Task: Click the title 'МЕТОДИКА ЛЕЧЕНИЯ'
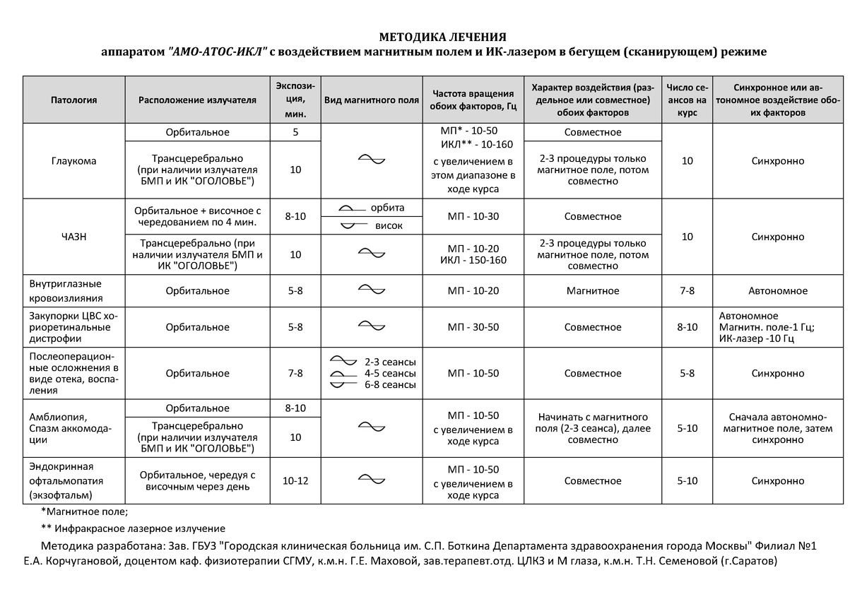pyautogui.click(x=442, y=37)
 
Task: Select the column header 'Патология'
pyautogui.click(x=73, y=100)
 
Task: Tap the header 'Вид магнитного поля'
pyautogui.click(x=372, y=100)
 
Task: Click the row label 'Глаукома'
pyautogui.click(x=73, y=161)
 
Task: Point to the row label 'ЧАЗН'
pyautogui.click(x=73, y=237)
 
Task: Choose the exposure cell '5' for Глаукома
pyautogui.click(x=295, y=132)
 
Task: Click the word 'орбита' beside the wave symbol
pyautogui.click(x=387, y=208)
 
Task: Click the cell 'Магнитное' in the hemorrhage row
pyautogui.click(x=592, y=291)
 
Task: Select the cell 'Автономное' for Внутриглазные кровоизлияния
pyautogui.click(x=777, y=291)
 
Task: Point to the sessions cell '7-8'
pyautogui.click(x=687, y=291)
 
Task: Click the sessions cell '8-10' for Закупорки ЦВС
pyautogui.click(x=687, y=327)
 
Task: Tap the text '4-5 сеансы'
pyautogui.click(x=390, y=373)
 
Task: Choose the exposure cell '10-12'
pyautogui.click(x=295, y=481)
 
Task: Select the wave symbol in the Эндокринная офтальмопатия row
pyautogui.click(x=372, y=481)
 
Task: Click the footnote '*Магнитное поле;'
pyautogui.click(x=85, y=512)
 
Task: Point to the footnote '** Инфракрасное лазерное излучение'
pyautogui.click(x=134, y=528)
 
